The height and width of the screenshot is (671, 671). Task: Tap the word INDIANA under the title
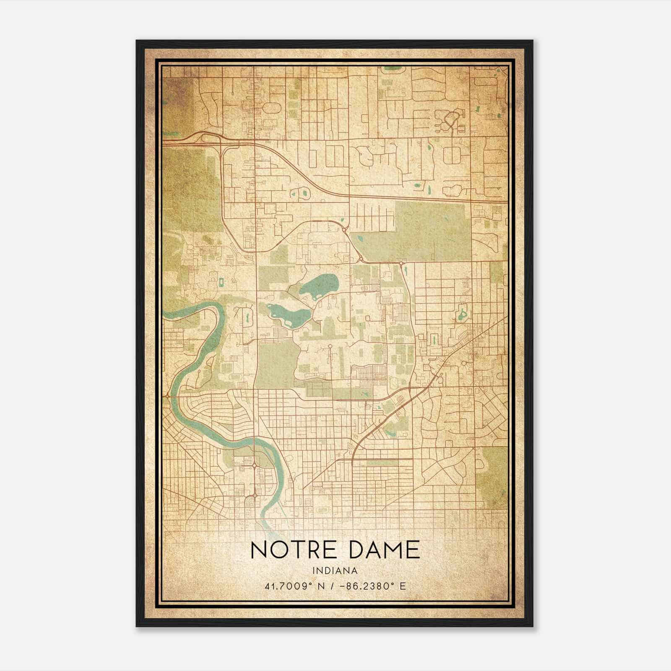pos(335,571)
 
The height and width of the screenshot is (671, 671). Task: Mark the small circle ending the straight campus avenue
pos(330,346)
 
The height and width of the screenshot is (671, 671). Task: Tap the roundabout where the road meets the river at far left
pos(168,395)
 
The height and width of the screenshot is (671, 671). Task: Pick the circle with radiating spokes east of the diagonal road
pos(464,363)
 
